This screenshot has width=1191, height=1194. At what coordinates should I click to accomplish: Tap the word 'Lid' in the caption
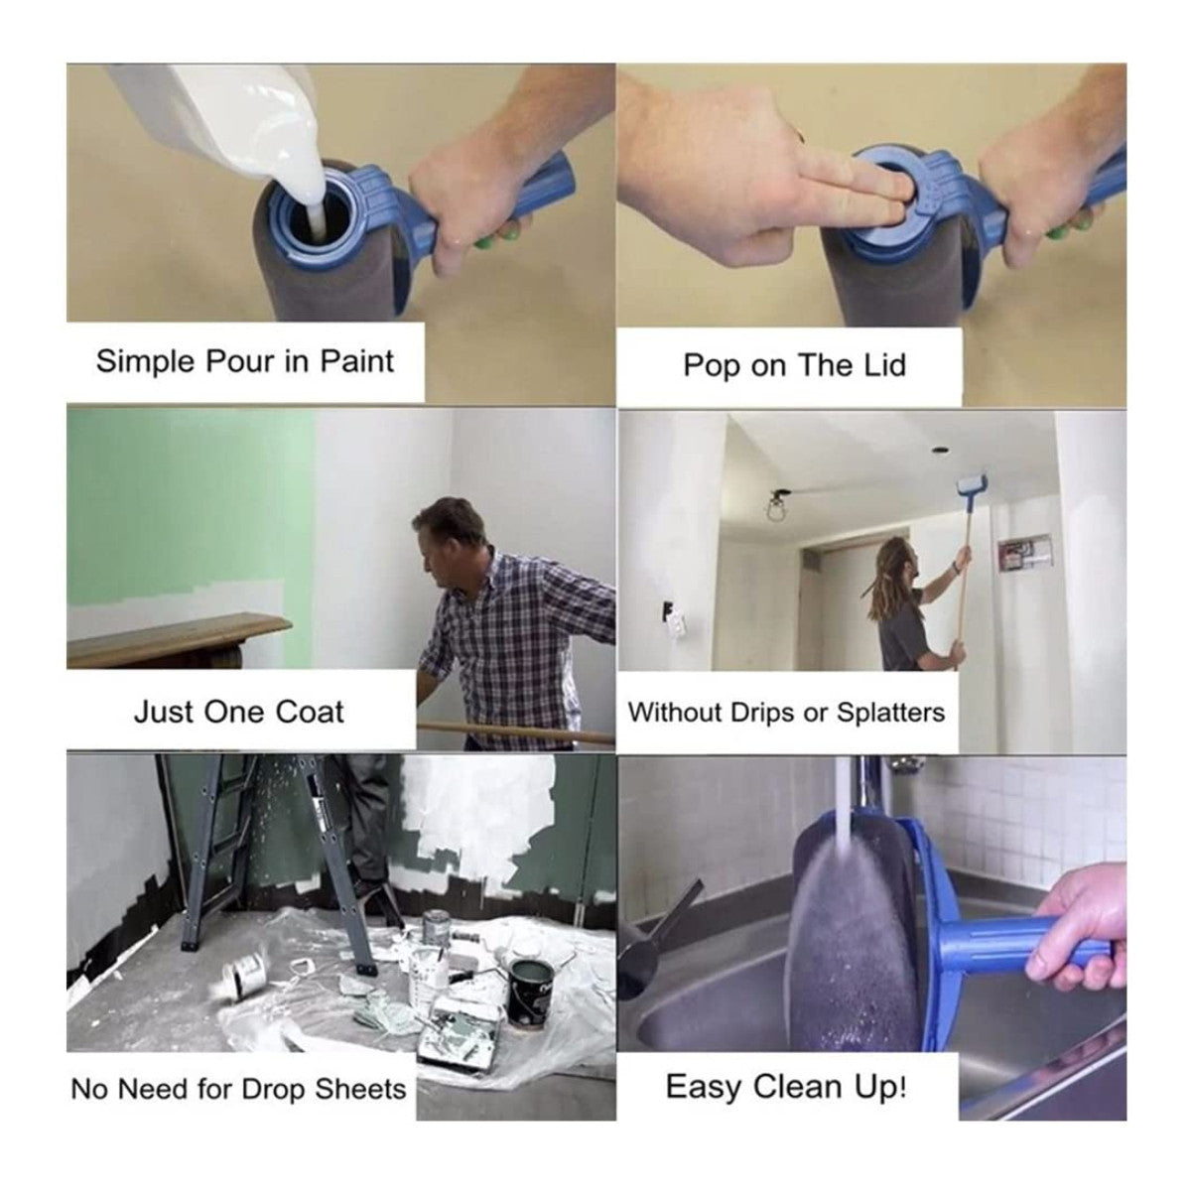point(879,365)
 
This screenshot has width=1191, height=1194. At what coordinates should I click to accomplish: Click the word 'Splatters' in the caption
point(890,713)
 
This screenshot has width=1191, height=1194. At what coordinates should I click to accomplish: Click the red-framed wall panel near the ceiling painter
point(1024,554)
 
